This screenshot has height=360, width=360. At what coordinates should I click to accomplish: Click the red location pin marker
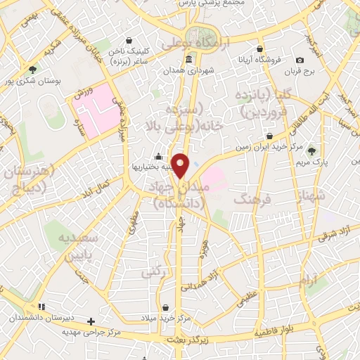(x=181, y=165)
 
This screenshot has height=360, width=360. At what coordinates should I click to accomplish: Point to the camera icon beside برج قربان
(x=300, y=60)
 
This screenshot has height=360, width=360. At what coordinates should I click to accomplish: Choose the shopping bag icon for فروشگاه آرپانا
(x=260, y=49)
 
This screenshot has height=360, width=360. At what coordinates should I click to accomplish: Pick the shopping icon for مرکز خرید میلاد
(x=165, y=307)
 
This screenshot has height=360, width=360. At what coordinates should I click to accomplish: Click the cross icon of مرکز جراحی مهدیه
(x=90, y=321)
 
